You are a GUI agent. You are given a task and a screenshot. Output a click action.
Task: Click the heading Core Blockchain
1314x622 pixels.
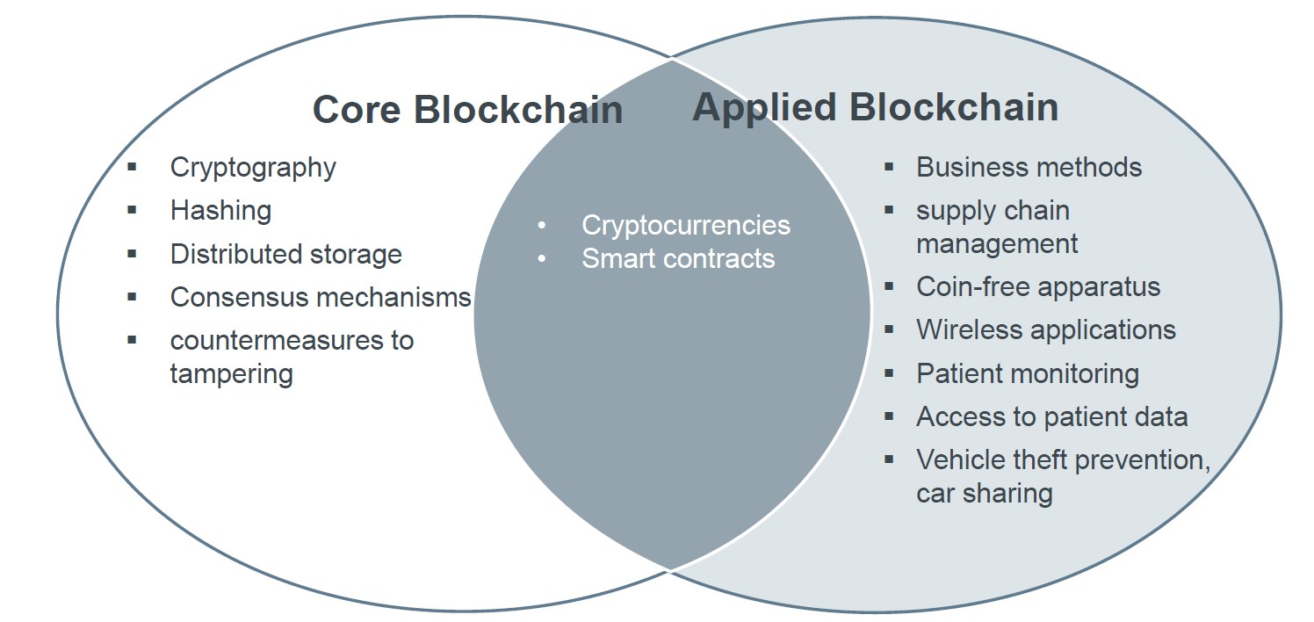point(467,111)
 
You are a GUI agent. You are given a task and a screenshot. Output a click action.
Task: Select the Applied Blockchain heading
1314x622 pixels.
point(875,107)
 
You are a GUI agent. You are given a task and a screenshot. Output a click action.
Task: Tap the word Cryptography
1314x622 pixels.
point(253,167)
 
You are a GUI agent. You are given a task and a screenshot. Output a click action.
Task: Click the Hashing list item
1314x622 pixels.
point(220,211)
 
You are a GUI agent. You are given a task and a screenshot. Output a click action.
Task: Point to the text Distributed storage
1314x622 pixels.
point(285,254)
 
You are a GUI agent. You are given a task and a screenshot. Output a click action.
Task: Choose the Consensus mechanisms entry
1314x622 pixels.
point(321,297)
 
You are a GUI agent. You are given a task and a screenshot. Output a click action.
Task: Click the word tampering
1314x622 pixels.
point(231,373)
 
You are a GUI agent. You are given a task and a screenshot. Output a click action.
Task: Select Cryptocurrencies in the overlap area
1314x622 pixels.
point(685,225)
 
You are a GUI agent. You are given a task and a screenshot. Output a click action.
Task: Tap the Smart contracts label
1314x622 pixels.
point(678,258)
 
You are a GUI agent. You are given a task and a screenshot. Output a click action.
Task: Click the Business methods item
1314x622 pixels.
point(1029,167)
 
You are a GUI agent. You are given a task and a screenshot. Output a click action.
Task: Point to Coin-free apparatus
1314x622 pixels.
point(1038,286)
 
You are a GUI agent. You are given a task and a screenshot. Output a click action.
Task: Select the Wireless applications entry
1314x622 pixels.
point(1045,329)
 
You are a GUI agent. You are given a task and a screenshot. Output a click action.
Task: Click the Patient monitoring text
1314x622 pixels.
point(1028,373)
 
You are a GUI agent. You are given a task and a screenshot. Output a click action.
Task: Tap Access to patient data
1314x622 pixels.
point(1051,416)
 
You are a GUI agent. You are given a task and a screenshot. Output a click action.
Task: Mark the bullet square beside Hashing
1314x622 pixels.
point(132,210)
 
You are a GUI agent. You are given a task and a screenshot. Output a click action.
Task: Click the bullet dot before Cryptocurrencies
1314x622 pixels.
point(542,226)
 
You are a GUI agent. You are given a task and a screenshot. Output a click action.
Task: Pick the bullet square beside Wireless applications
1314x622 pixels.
point(889,329)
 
